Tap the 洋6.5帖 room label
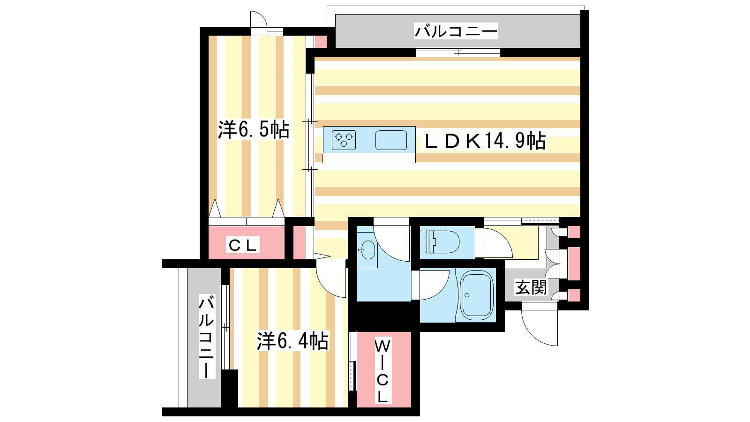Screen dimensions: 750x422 click(254, 129)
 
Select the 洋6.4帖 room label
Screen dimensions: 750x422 click(292, 341)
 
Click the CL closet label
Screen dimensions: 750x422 click(242, 245)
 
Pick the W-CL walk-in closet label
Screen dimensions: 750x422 click(382, 371)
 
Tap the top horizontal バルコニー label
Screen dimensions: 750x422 click(456, 31)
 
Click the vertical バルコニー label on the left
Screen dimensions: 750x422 click(207, 337)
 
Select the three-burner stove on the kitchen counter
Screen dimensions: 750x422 click(344, 140)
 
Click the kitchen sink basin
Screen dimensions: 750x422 click(391, 140)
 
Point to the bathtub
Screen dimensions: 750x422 click(476, 295)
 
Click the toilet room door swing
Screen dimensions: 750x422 click(497, 243)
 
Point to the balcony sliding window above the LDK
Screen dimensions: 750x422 click(457, 52)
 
